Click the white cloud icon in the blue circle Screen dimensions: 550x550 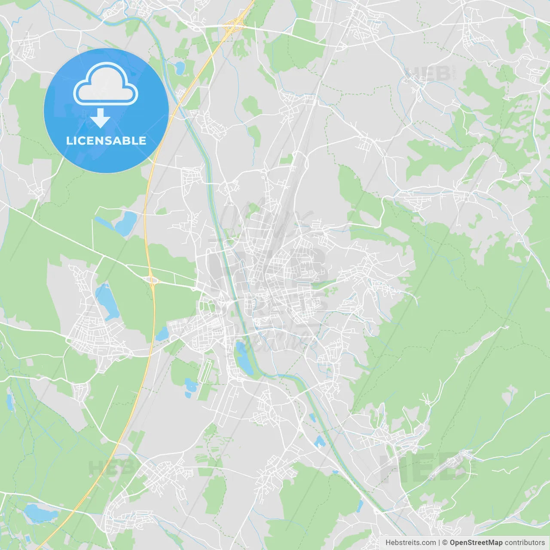click(106, 84)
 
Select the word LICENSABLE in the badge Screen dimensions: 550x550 click(106, 141)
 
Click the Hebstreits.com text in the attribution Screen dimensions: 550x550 click(410, 543)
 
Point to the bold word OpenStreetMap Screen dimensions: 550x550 click(476, 543)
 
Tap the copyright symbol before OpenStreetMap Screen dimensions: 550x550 click(445, 543)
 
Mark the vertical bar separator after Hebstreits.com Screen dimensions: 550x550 click(439, 543)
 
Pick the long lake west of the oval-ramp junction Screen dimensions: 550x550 click(106, 301)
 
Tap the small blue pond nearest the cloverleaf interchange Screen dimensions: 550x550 click(179, 67)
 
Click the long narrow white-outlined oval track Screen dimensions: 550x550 click(207, 372)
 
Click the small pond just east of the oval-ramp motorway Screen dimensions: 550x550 click(162, 333)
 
